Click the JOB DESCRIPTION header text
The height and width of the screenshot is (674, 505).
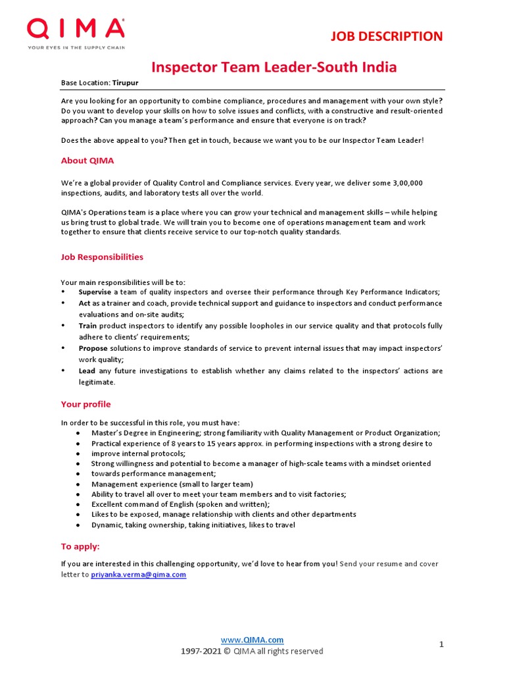coord(386,36)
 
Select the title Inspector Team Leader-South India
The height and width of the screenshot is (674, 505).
coord(274,67)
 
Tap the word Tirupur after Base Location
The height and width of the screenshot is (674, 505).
coord(126,83)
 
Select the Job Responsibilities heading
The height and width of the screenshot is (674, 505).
coord(102,257)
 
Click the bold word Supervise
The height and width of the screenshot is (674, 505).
coord(95,292)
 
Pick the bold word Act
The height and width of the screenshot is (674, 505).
coord(84,303)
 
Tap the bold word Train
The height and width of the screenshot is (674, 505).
coord(88,326)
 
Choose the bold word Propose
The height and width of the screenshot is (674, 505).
coord(93,348)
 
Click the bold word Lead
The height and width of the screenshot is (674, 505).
coord(87,371)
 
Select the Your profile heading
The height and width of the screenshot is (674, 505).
coord(86,404)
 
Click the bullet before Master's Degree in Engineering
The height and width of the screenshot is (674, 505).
coord(78,433)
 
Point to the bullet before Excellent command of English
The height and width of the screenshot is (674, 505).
coord(78,504)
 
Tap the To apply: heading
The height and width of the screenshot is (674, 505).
coord(80,546)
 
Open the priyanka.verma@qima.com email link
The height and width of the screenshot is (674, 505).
coord(139,575)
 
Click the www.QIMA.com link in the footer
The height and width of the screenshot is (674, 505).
coord(252,640)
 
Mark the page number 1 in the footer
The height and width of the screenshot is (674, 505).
coord(442,644)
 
